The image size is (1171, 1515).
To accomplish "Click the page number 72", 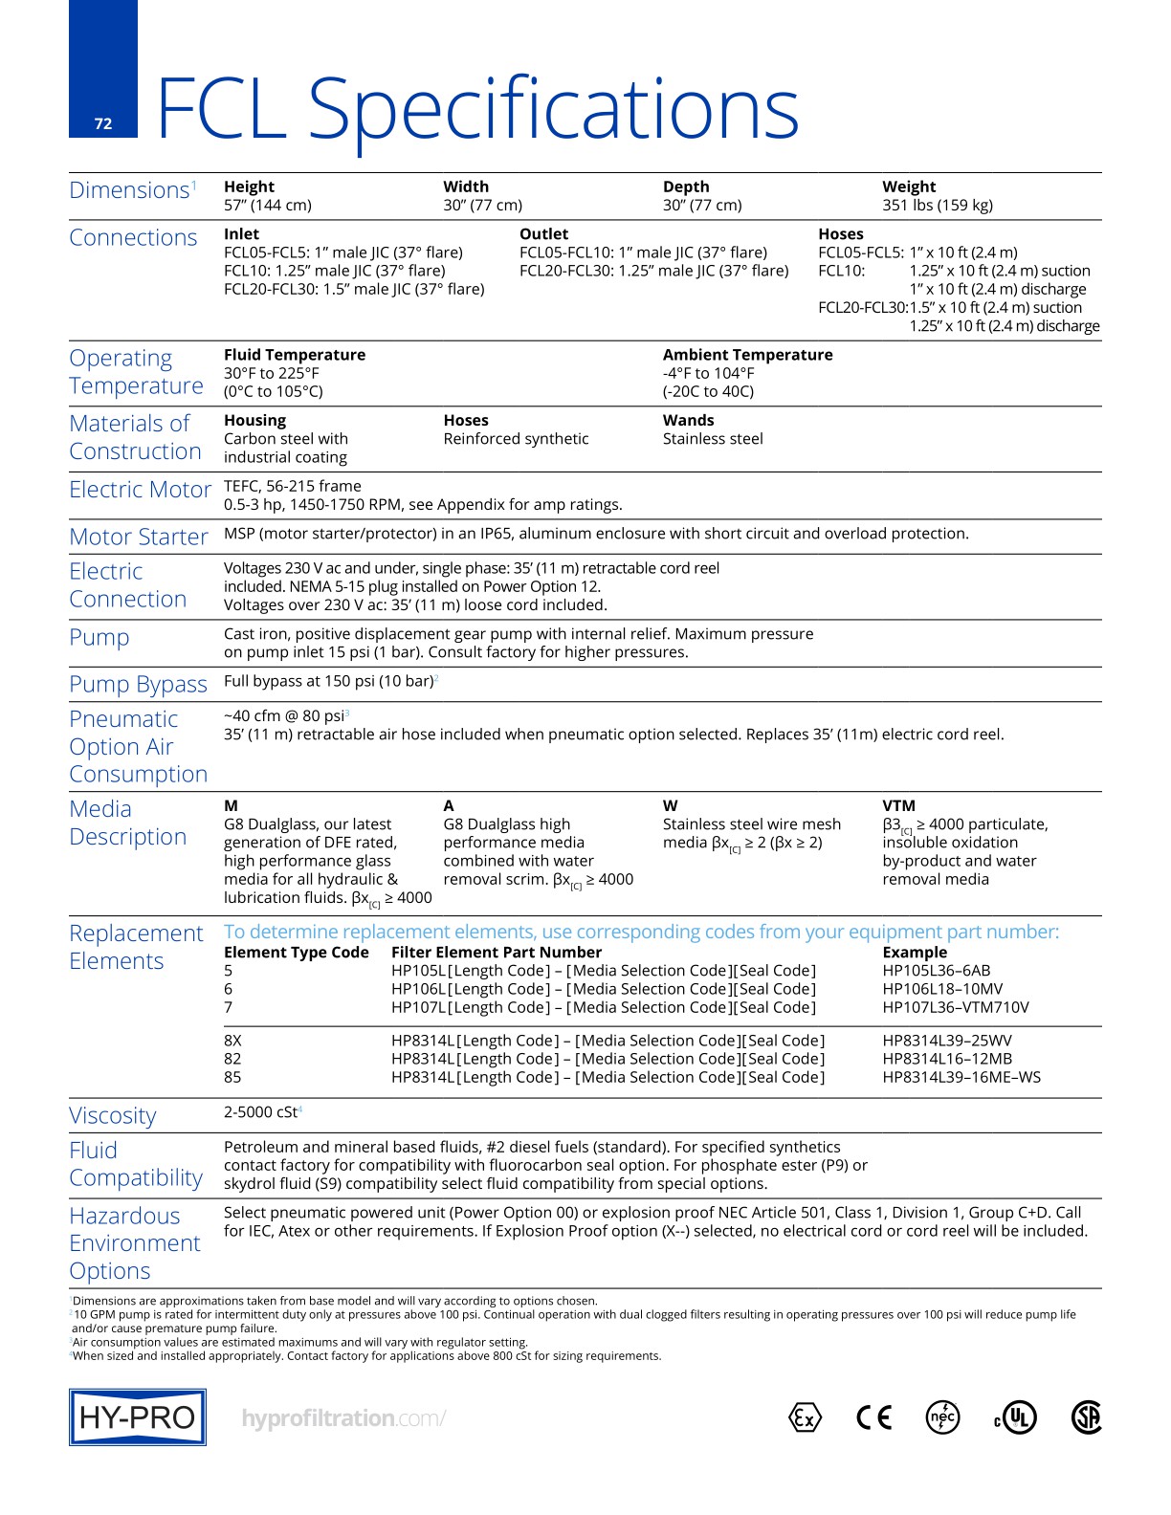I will pos(103,123).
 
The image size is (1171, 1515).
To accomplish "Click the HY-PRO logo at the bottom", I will pos(138,1416).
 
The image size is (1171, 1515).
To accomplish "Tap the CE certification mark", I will pos(873,1417).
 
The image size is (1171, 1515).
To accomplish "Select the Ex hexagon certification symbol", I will pos(806,1417).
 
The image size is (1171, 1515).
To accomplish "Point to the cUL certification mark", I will pos(1016,1417).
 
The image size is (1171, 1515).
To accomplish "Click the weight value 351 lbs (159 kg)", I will pos(937,205).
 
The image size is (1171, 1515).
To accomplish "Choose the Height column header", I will pos(249,187).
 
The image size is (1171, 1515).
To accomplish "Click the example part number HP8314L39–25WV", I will pos(946,1041).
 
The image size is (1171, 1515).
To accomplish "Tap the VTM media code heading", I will pos(898,806).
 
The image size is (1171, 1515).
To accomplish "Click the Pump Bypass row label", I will pos(138,685).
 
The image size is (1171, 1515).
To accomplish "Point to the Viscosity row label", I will pos(113,1116).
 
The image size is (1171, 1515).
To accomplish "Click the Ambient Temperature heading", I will pos(747,355).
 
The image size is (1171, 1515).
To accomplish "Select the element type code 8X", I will pos(232,1041).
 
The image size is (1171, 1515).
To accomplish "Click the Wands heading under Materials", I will pos(688,421).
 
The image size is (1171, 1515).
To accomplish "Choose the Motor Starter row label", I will pos(139,538).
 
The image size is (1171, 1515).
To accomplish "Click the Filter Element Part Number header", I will pos(497,953).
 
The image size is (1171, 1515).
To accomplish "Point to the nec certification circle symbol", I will pos(943,1417).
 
